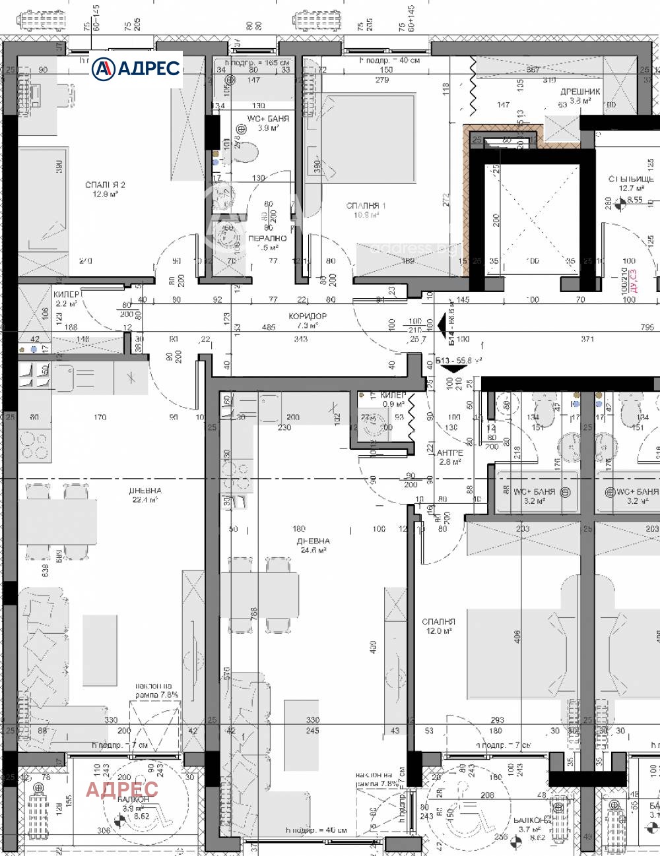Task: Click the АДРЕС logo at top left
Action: pyautogui.click(x=136, y=68)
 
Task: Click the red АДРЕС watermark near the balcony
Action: pyautogui.click(x=122, y=789)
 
